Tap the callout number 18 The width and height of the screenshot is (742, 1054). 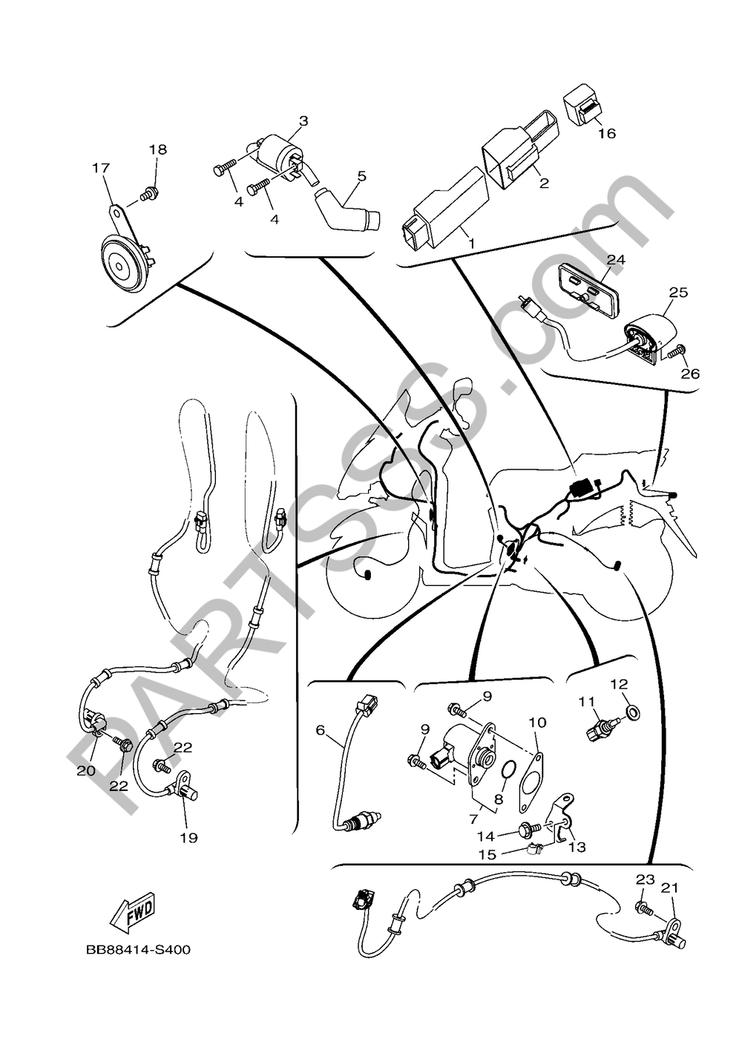[x=158, y=149]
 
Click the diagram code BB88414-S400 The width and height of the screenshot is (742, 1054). [x=138, y=960]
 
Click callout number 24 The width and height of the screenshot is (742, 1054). [x=616, y=260]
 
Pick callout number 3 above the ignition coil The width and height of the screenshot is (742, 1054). [x=303, y=121]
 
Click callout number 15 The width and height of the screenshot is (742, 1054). [x=487, y=854]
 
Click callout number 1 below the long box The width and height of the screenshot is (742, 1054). [x=471, y=244]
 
